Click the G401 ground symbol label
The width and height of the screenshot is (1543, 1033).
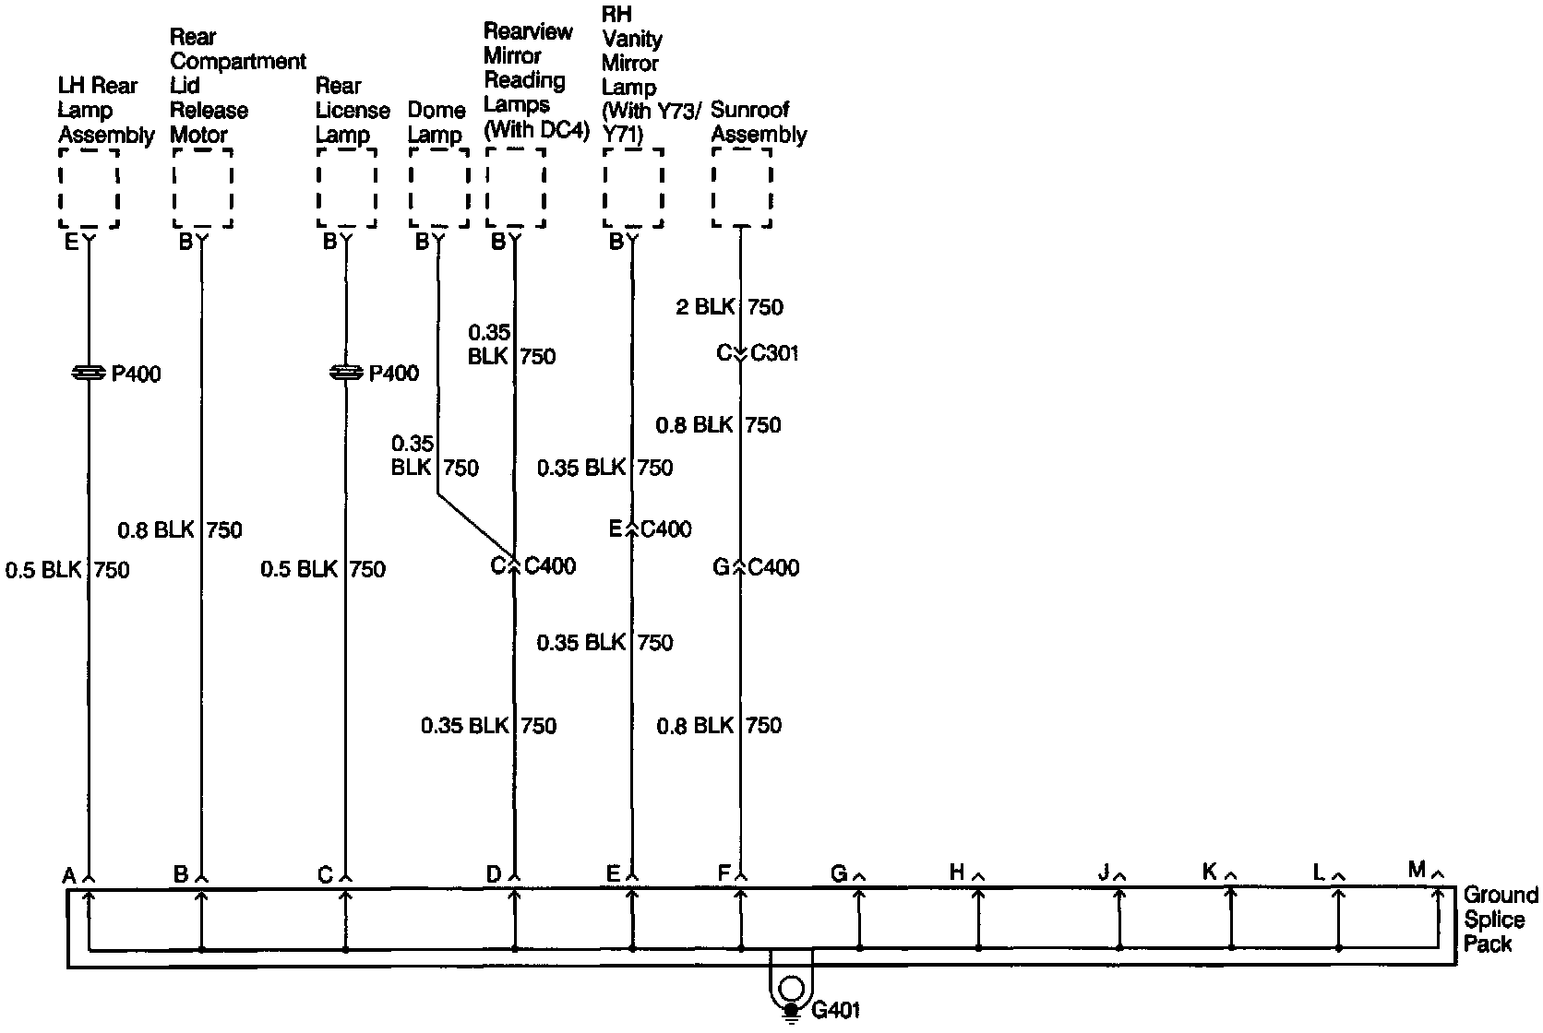[x=835, y=1011]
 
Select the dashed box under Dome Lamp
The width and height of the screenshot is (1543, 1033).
[x=437, y=187]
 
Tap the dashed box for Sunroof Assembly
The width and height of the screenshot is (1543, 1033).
[x=741, y=187]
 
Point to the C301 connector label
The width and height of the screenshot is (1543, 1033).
[x=774, y=353]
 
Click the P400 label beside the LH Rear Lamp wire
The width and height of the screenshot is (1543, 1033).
[x=136, y=374]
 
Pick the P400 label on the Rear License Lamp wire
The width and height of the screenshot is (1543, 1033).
[x=393, y=374]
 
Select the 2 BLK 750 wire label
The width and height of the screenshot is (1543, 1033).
[x=729, y=307]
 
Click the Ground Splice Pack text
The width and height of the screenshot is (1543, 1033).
[x=1500, y=920]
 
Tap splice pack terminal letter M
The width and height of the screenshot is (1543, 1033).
[x=1417, y=869]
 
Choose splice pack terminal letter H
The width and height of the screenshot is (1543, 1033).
[x=957, y=873]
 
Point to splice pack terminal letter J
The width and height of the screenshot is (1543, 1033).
[x=1104, y=873]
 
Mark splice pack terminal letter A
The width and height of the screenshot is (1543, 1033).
[x=69, y=875]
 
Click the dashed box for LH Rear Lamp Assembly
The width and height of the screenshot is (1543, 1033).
[x=89, y=187]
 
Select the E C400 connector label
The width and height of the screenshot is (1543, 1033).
[x=650, y=529]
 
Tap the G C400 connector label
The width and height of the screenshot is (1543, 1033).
[x=756, y=567]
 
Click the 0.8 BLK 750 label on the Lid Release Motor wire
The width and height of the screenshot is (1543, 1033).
[x=180, y=530]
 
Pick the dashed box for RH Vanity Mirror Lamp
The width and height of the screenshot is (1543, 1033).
[x=633, y=187]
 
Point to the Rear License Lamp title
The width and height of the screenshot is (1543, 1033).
[x=353, y=111]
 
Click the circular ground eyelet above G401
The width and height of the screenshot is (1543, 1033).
[x=790, y=990]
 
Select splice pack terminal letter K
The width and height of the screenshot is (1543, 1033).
[x=1210, y=871]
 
